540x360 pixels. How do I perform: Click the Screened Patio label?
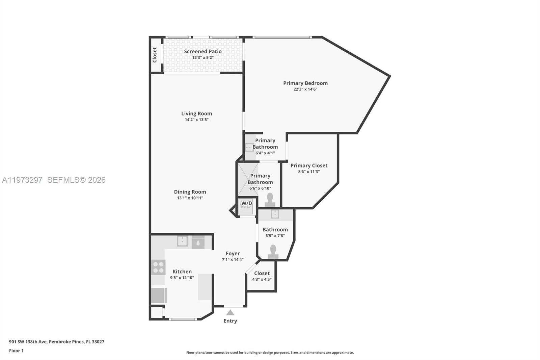[x=202, y=51]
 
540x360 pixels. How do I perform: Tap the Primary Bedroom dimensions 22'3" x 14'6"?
[x=305, y=89]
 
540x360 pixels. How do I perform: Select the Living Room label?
[x=196, y=113]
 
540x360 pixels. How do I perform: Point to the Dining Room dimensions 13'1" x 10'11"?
[x=190, y=198]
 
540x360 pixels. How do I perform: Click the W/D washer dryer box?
[x=246, y=206]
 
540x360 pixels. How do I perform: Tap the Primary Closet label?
[x=309, y=165]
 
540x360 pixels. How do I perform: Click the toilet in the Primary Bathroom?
[x=270, y=200]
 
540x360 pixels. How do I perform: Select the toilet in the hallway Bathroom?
[x=273, y=252]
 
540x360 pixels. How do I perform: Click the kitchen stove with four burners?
[x=158, y=267]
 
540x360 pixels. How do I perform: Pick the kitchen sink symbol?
[x=182, y=241]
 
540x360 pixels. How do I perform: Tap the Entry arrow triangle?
[x=230, y=312]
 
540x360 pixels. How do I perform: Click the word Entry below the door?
[x=230, y=321]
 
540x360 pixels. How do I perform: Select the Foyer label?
[x=233, y=253]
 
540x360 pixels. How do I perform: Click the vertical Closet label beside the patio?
[x=155, y=55]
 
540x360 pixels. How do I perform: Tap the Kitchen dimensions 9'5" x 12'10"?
[x=182, y=278]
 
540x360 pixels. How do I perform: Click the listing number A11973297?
[x=22, y=180]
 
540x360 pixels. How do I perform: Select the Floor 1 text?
[x=16, y=351]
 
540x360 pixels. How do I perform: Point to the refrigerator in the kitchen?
[x=159, y=295]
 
